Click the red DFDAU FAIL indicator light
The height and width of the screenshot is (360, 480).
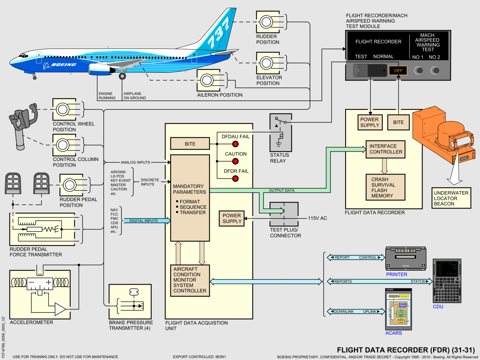pyautogui.click(x=235, y=144)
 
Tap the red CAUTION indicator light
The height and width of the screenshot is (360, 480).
pyautogui.click(x=235, y=161)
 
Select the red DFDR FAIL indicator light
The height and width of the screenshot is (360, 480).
pyautogui.click(x=235, y=179)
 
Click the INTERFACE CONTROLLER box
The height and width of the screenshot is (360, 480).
pyautogui.click(x=385, y=149)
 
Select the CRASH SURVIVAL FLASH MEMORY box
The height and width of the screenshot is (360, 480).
pyautogui.click(x=385, y=187)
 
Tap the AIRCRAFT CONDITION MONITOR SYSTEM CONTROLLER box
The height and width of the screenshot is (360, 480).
pyautogui.click(x=190, y=280)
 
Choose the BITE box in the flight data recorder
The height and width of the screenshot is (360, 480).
pyautogui.click(x=398, y=122)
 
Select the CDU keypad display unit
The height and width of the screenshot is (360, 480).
pyautogui.click(x=447, y=281)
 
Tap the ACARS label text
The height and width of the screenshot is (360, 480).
pyautogui.click(x=394, y=333)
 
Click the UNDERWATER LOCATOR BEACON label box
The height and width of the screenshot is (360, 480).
pyautogui.click(x=451, y=198)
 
